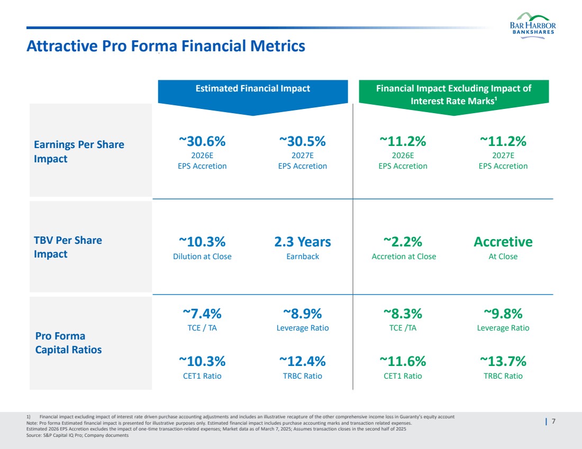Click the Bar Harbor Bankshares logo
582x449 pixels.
click(x=532, y=25)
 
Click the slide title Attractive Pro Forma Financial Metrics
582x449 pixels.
click(x=166, y=46)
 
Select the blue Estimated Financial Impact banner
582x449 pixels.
click(x=253, y=89)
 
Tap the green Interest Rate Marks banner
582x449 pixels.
click(x=453, y=94)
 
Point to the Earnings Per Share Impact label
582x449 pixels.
click(x=79, y=151)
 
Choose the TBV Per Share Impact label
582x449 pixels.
click(x=68, y=247)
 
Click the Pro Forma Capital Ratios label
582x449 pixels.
click(x=68, y=343)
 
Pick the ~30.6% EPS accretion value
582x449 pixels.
click(x=202, y=141)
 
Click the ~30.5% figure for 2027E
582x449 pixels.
click(x=302, y=141)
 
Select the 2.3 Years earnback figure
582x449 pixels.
click(x=302, y=242)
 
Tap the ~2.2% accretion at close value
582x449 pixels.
click(x=403, y=242)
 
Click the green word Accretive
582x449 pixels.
click(x=503, y=242)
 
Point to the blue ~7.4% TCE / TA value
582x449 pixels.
click(x=202, y=314)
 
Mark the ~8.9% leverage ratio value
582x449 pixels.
click(x=302, y=314)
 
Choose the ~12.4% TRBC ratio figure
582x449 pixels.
click(x=302, y=362)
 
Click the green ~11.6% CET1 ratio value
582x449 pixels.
click(x=403, y=362)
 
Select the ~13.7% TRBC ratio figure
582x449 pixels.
click(x=503, y=362)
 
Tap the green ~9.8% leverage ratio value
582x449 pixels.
click(x=503, y=314)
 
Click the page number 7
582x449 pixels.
click(x=553, y=421)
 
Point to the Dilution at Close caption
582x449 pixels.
click(x=202, y=256)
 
